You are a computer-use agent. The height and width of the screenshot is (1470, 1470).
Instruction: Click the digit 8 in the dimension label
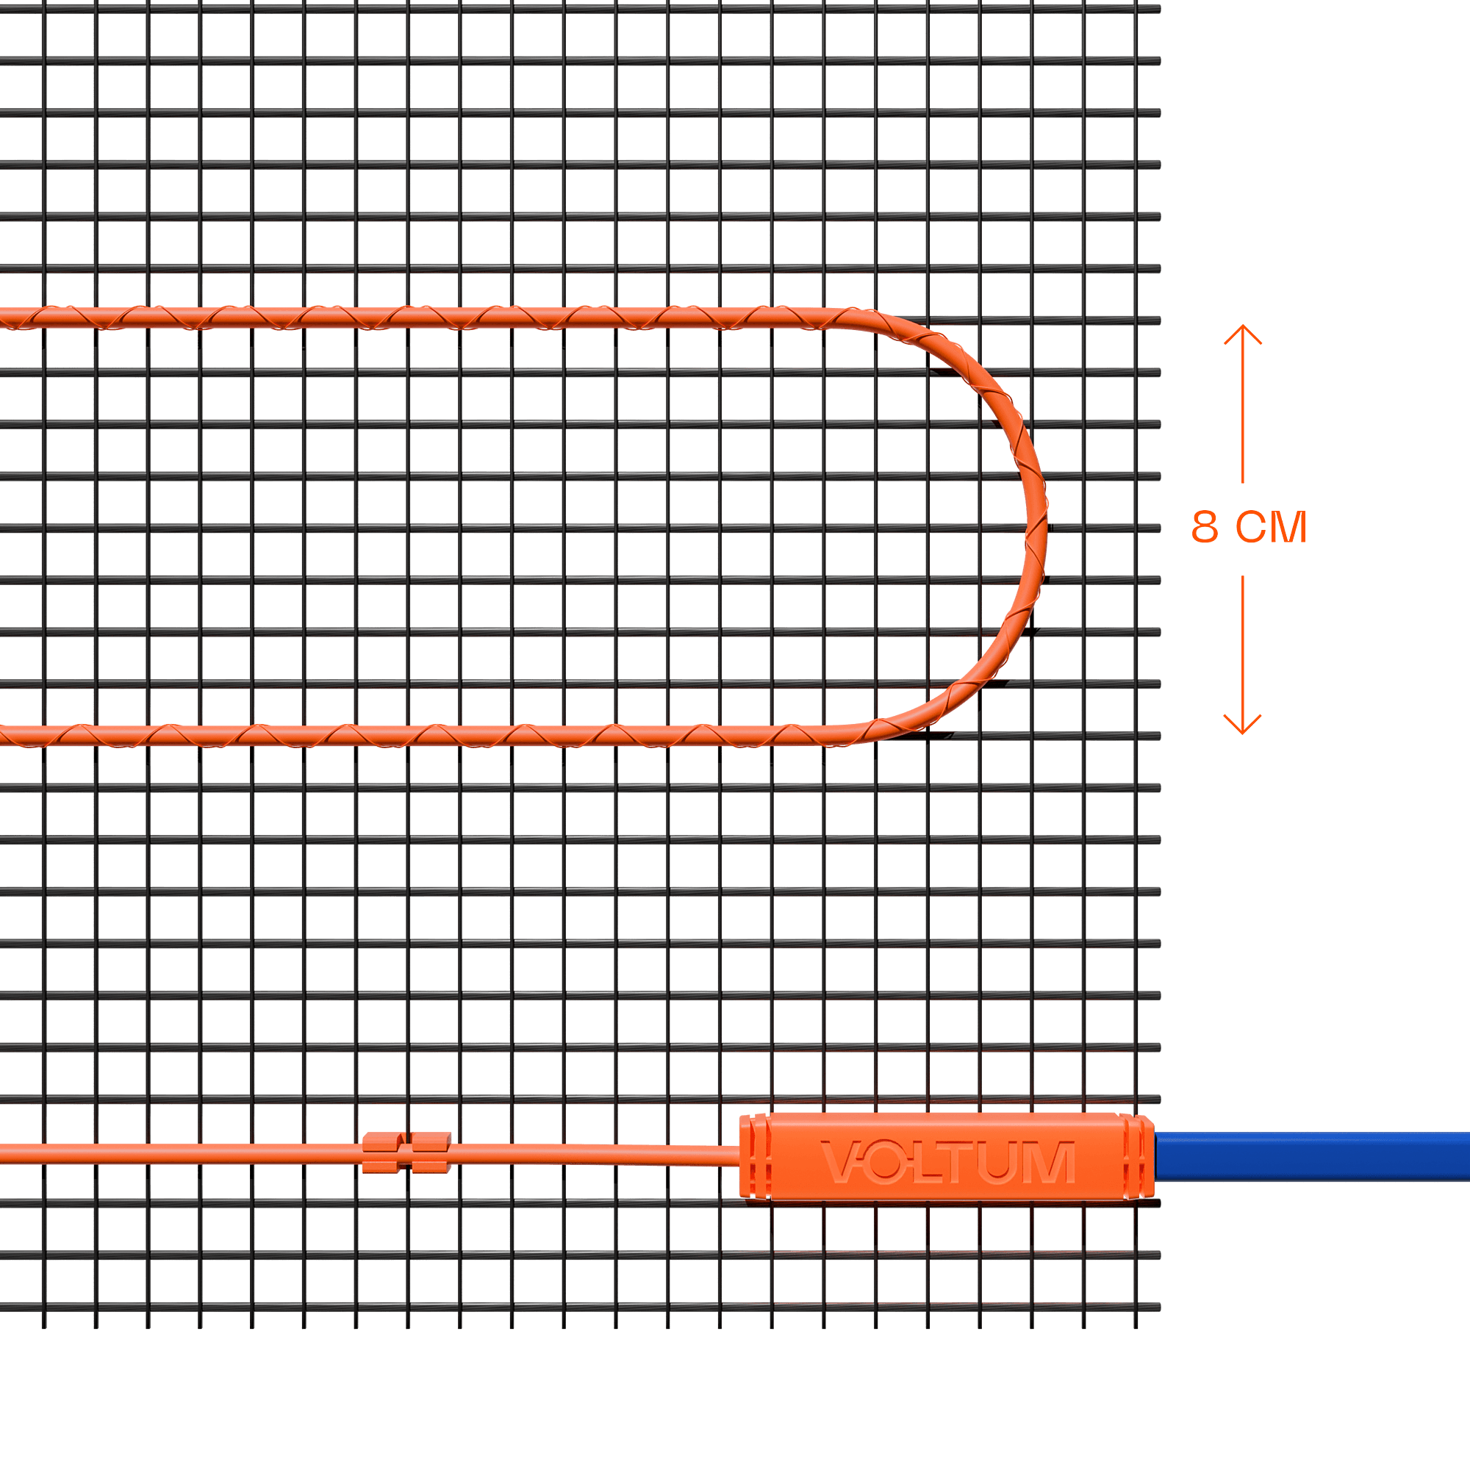click(x=1205, y=527)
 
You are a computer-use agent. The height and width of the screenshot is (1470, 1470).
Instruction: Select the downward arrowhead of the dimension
click(x=1242, y=725)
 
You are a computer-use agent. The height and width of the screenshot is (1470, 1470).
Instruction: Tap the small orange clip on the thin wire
click(x=406, y=1152)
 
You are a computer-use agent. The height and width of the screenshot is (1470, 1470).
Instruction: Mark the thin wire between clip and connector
click(x=593, y=1153)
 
